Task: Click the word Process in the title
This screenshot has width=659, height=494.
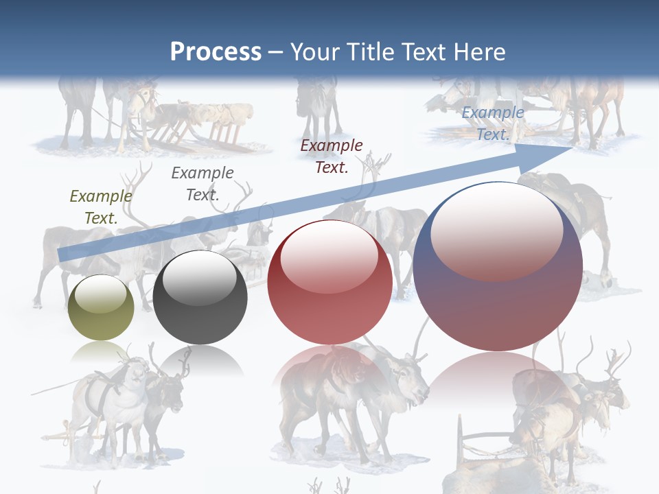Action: point(216,52)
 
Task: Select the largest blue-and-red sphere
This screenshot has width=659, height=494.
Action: point(498,288)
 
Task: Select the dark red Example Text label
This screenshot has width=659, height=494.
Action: point(332,156)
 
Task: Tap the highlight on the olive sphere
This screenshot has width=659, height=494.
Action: point(101,295)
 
